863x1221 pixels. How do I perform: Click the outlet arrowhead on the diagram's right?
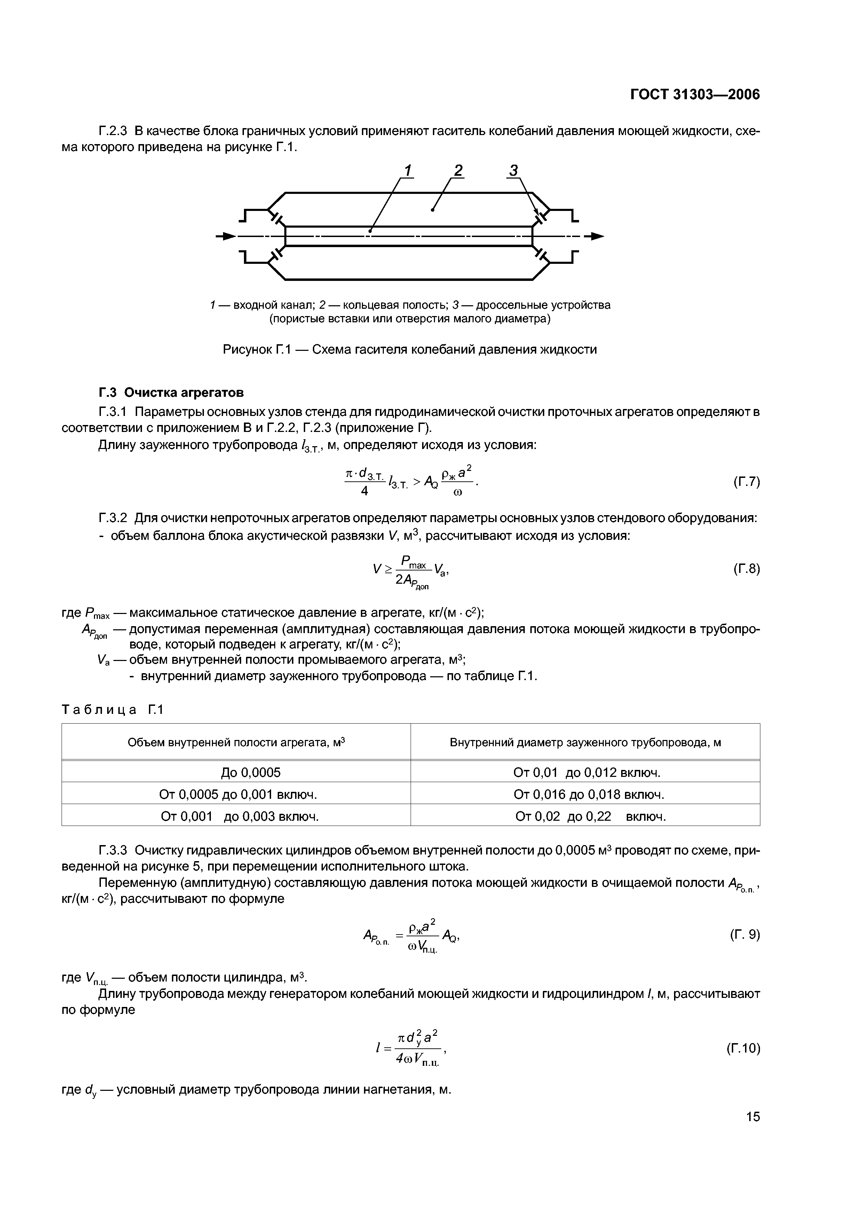point(598,236)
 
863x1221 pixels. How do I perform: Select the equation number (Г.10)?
point(743,1048)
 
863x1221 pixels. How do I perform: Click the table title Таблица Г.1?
point(113,709)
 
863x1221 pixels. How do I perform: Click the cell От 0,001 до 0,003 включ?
point(240,816)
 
